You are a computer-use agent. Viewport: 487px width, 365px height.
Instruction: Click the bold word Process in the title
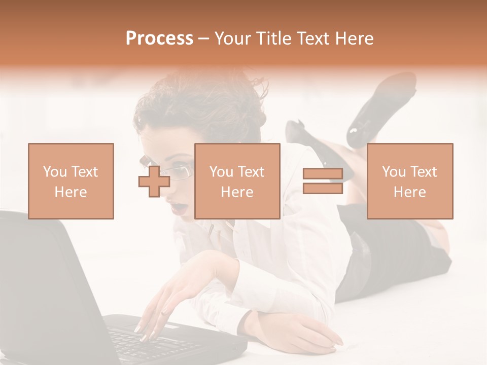159,39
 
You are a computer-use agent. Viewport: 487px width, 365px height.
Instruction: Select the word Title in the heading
274,39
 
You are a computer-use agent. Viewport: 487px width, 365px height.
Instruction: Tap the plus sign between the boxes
154,181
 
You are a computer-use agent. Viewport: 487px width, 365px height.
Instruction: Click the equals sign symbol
323,181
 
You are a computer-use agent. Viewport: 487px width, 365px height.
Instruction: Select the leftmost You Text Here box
71,181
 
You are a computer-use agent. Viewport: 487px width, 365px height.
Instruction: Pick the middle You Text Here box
237,181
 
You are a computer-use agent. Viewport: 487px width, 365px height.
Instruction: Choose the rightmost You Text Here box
410,181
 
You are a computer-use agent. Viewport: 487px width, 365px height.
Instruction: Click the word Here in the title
354,39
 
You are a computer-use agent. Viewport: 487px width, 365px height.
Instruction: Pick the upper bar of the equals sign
323,174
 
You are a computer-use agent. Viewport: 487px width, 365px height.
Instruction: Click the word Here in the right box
410,192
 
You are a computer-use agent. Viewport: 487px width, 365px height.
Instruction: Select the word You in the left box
54,171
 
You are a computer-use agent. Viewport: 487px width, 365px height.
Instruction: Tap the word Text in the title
313,39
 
